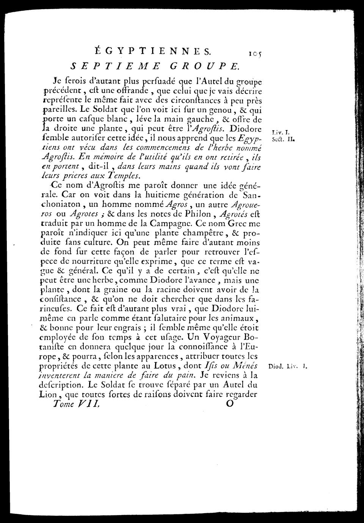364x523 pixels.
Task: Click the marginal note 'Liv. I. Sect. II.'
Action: pyautogui.click(x=281, y=136)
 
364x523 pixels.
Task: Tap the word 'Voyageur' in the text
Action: pyautogui.click(x=220, y=337)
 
